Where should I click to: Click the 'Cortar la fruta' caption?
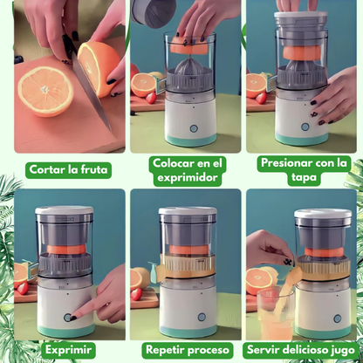pyautogui.click(x=68, y=169)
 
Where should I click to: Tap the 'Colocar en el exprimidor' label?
pyautogui.click(x=188, y=170)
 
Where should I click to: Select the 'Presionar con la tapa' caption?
pyautogui.click(x=304, y=170)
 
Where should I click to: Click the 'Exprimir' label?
pyautogui.click(x=68, y=349)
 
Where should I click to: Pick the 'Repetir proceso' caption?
pyautogui.click(x=188, y=349)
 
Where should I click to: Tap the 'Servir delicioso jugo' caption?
pyautogui.click(x=301, y=349)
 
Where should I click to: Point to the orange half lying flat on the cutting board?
pyautogui.click(x=45, y=92)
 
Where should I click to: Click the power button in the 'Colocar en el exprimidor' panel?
pyautogui.click(x=193, y=128)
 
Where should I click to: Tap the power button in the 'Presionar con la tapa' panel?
pyautogui.click(x=305, y=127)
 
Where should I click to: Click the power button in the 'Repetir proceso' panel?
pyautogui.click(x=202, y=317)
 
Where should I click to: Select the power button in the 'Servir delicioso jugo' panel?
pyautogui.click(x=337, y=318)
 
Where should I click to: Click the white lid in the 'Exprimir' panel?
pyautogui.click(x=65, y=210)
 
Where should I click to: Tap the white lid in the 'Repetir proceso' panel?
pyautogui.click(x=188, y=211)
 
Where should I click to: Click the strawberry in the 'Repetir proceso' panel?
pyautogui.click(x=136, y=294)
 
